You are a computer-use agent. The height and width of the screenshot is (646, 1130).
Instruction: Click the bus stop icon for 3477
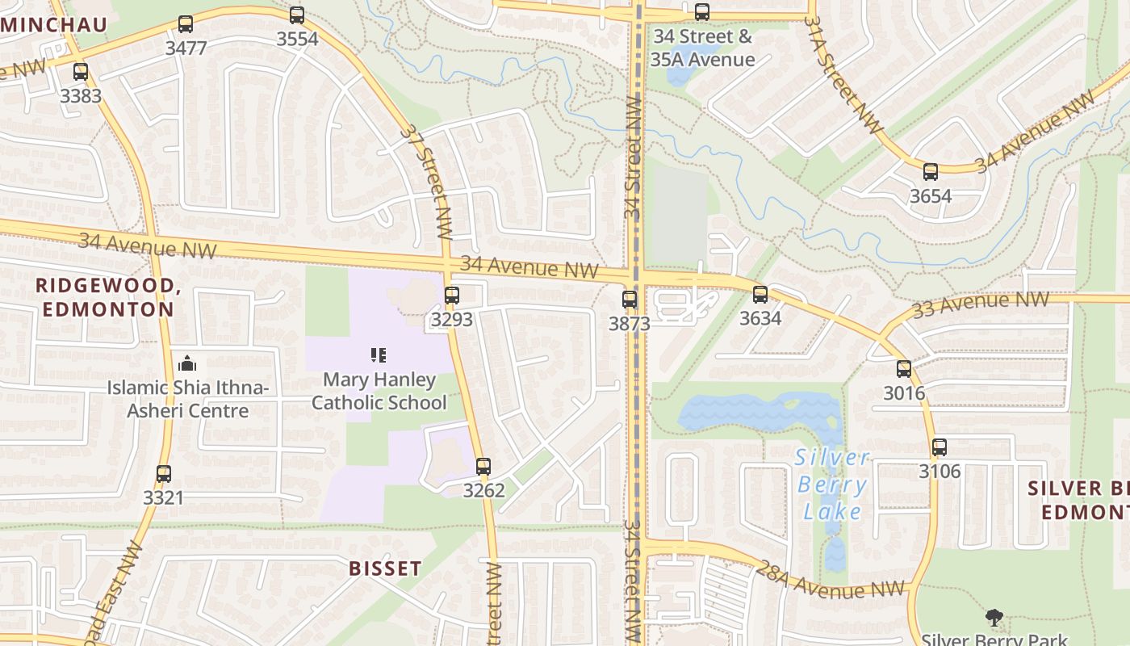point(186,24)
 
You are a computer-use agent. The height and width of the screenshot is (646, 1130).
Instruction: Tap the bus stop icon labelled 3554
point(297,15)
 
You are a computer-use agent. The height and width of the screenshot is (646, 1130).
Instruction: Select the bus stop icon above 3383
point(81,71)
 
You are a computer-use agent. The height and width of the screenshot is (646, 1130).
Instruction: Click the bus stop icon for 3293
point(452,295)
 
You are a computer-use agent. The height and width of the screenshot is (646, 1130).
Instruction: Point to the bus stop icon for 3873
point(630,300)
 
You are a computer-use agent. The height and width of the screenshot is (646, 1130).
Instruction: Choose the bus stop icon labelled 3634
point(760,294)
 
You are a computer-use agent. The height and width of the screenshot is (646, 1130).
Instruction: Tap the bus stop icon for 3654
point(931,171)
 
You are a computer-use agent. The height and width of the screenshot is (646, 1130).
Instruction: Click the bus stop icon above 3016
point(904,369)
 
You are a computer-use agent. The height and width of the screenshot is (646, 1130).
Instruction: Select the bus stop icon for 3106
point(940,447)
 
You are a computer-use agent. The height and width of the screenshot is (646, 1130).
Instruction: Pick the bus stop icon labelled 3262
point(483,466)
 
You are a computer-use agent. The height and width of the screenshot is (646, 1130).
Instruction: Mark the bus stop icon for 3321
point(164,474)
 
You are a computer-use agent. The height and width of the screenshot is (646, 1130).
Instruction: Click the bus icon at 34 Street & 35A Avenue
point(702,12)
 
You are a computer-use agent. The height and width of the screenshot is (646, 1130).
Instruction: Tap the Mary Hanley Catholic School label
point(379,391)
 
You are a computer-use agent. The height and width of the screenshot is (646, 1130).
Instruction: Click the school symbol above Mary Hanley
point(378,354)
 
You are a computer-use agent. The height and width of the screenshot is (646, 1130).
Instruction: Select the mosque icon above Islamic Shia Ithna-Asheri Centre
point(187,363)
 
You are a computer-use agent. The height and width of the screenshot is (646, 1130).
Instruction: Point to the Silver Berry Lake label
point(832,484)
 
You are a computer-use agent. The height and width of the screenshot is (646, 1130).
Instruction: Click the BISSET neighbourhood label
point(385,568)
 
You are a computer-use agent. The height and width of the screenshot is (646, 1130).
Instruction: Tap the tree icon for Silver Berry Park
point(994,618)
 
